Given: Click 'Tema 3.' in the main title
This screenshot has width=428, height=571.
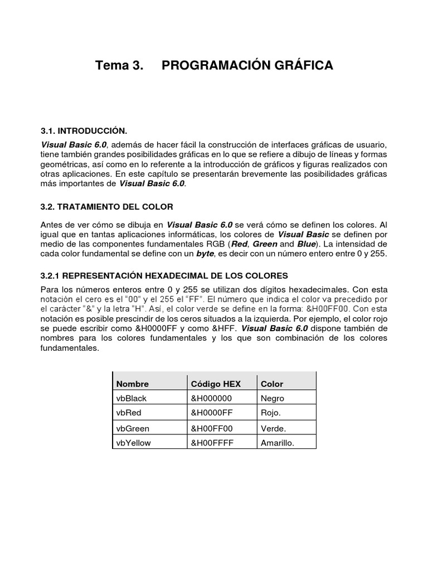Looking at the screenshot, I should [x=119, y=66].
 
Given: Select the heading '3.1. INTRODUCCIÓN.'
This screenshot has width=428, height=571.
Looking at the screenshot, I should [x=84, y=131].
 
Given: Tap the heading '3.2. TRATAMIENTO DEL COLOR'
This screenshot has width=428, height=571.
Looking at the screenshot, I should [x=106, y=207].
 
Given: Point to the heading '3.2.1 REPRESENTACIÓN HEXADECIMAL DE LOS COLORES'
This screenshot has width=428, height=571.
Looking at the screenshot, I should [x=164, y=275].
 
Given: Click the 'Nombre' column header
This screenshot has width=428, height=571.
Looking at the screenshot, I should [x=132, y=384].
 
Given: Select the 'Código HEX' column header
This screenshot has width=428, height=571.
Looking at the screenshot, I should [x=216, y=384].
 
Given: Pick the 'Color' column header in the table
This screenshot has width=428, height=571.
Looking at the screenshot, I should [x=272, y=384].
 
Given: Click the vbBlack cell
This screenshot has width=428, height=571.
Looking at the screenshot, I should [x=131, y=398].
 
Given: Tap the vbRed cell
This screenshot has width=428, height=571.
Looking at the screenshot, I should [x=128, y=413].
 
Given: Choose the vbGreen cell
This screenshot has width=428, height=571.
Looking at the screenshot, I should [x=132, y=429].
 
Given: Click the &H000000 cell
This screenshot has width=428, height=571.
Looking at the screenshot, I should [x=211, y=398].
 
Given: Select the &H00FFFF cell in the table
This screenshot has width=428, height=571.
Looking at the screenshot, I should [x=212, y=442].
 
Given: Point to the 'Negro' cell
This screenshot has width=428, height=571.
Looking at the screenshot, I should [x=272, y=398].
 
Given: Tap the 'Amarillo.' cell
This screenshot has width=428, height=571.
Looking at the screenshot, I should [x=277, y=442].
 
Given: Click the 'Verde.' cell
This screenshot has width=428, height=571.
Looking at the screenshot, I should [x=273, y=429].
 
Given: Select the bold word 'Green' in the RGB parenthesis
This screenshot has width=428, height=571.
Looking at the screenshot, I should [x=265, y=244].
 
